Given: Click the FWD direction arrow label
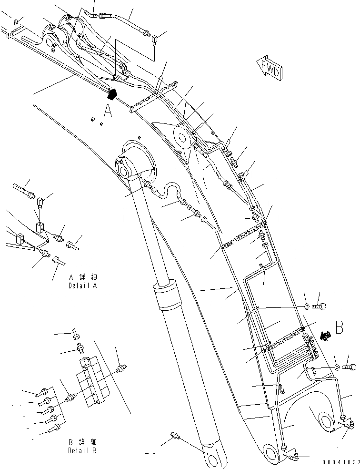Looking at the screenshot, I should pyautogui.click(x=269, y=68).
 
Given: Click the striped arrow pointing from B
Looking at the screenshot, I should pyautogui.click(x=326, y=336).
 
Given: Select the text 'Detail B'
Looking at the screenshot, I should pyautogui.click(x=83, y=450).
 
